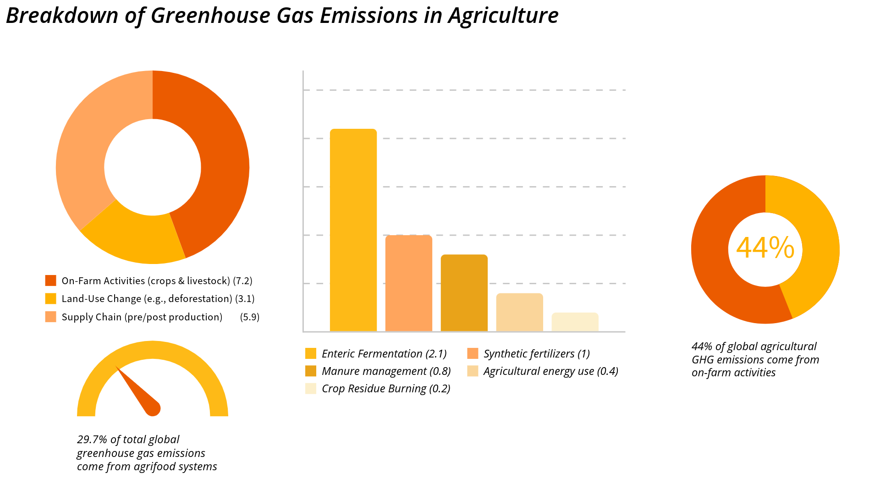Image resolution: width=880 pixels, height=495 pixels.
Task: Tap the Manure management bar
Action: (x=464, y=293)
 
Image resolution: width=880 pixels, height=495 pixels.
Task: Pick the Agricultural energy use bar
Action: (x=519, y=312)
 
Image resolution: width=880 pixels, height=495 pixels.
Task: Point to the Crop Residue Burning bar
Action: (x=575, y=322)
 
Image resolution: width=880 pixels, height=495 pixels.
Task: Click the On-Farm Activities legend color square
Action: (x=50, y=280)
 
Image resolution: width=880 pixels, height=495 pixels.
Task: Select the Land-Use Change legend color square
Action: (x=50, y=299)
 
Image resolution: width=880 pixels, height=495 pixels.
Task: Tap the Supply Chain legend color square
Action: (x=50, y=317)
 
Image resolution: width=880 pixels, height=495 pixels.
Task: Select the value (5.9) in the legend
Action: (x=249, y=317)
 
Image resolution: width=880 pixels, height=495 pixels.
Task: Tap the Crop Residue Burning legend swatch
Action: (x=310, y=389)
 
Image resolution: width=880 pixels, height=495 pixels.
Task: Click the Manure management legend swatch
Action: (x=310, y=371)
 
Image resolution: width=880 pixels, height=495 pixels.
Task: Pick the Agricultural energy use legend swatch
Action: (x=473, y=371)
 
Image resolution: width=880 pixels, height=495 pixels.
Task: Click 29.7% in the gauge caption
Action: (x=92, y=440)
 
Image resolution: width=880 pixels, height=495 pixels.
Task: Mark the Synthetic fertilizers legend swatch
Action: (x=473, y=354)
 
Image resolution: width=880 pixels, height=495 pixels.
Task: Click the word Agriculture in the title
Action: (x=503, y=16)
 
